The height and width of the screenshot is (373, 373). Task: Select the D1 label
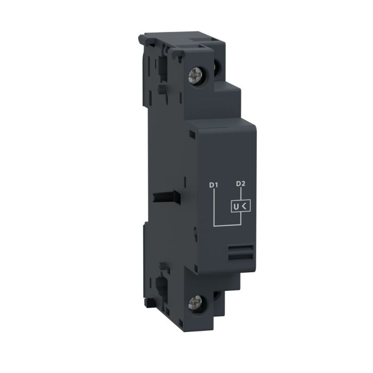point(213,185)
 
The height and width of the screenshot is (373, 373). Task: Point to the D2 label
point(240,185)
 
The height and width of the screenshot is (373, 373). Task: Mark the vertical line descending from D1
point(214,208)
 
